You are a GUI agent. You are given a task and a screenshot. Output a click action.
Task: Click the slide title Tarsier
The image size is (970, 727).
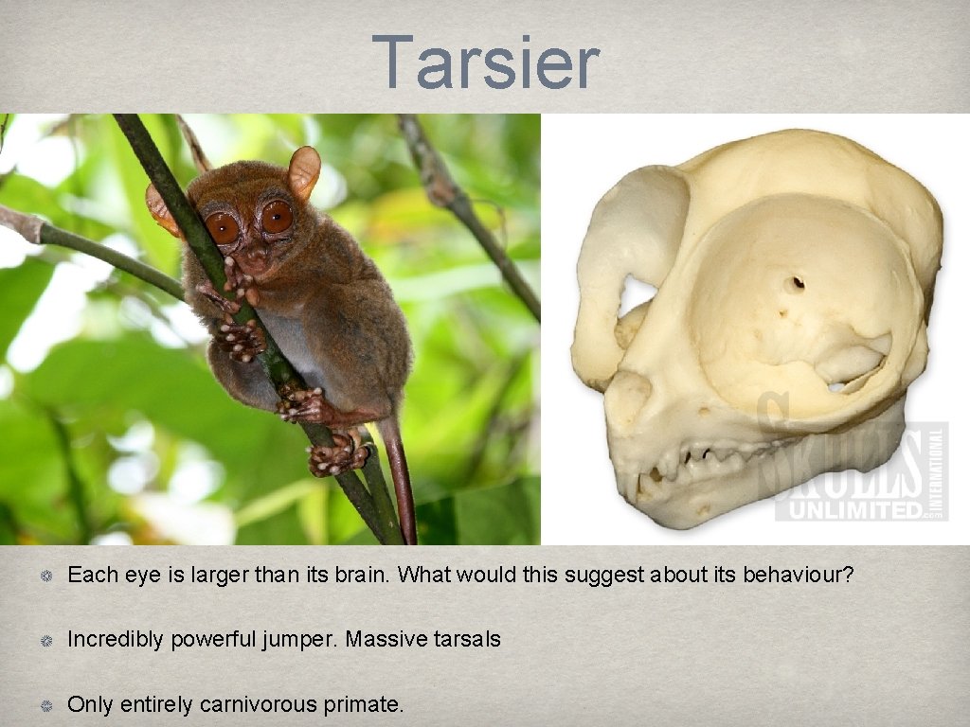[485, 62]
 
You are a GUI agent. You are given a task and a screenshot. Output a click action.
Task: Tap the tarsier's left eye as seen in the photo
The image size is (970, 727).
[223, 227]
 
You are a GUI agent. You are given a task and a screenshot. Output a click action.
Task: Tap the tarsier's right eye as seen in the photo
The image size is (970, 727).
[277, 218]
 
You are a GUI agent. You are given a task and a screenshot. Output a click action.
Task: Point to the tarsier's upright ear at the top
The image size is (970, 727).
[305, 170]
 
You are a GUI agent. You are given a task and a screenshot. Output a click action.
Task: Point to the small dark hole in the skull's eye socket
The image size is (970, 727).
[798, 282]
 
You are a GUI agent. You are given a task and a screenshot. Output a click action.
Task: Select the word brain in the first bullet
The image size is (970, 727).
[354, 575]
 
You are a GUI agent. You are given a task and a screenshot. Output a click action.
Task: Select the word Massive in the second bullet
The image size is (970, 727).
[382, 640]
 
